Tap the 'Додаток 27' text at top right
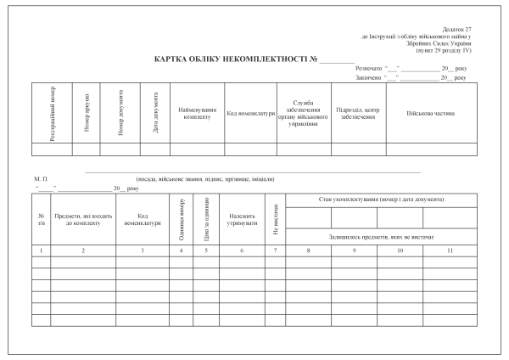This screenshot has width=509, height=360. (457, 30)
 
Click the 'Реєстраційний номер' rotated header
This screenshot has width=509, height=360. (53, 114)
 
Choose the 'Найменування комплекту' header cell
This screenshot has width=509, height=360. (196, 113)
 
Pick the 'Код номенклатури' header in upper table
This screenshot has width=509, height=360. (249, 113)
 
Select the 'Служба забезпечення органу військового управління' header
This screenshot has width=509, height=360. (304, 113)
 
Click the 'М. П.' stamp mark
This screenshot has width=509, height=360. (40, 179)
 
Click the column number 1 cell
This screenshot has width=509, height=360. (42, 251)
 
